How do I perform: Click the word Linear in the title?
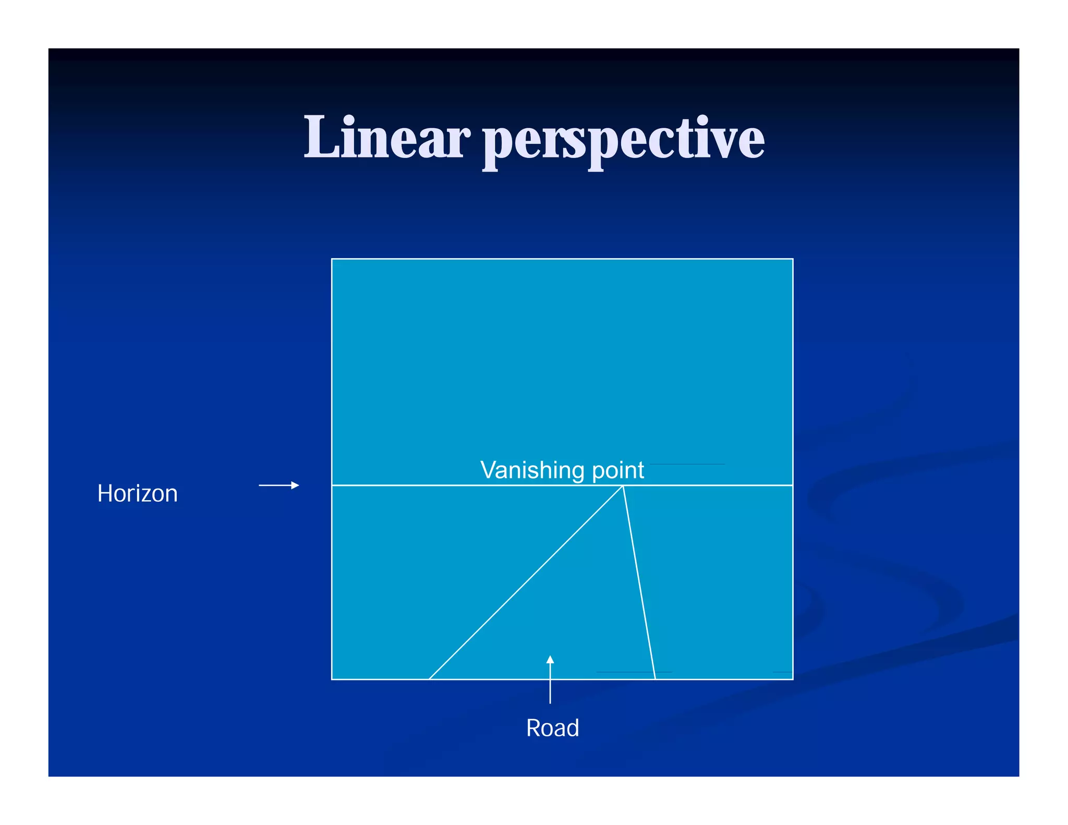(386, 138)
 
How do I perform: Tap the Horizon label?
(137, 493)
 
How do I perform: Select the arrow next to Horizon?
(279, 485)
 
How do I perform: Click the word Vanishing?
(532, 470)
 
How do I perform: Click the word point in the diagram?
(618, 471)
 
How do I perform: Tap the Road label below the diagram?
(552, 727)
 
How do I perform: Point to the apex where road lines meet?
(623, 486)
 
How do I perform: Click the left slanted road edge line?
(526, 583)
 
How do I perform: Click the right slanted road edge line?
(639, 583)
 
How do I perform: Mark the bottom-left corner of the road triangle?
(429, 679)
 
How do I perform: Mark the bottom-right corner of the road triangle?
(655, 679)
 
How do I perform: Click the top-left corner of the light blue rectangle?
(332, 259)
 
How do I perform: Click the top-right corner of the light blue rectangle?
(793, 259)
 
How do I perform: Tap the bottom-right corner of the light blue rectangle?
(793, 679)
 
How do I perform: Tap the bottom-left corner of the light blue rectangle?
(332, 679)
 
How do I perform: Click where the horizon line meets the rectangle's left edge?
(332, 485)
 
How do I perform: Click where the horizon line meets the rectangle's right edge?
(793, 485)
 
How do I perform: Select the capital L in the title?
(320, 137)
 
